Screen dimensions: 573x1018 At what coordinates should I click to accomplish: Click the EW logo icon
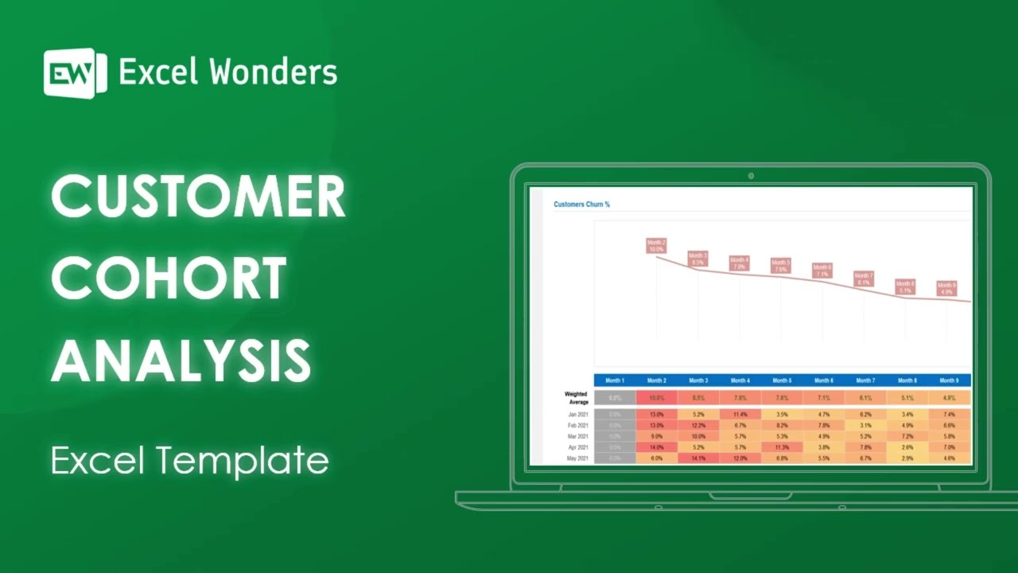click(75, 73)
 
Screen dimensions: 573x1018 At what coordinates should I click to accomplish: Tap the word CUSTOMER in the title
click(198, 197)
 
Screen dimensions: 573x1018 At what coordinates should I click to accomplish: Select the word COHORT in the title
click(169, 279)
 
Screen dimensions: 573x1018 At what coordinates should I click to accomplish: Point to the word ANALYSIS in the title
click(181, 360)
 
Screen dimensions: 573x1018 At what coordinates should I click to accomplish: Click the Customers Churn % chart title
click(581, 205)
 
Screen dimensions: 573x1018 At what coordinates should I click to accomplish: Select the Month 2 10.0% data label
click(656, 246)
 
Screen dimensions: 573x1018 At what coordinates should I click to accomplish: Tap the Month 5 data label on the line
click(781, 266)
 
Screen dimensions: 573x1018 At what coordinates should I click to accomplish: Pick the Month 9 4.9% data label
click(946, 288)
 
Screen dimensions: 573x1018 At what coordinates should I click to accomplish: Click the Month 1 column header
click(615, 380)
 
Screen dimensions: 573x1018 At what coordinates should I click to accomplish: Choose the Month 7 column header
click(865, 380)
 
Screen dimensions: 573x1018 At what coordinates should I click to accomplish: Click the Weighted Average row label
click(576, 398)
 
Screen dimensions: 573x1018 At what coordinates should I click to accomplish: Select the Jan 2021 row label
click(577, 414)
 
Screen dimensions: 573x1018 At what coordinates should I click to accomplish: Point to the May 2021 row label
click(577, 458)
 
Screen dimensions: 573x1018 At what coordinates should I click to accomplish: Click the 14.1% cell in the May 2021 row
click(698, 458)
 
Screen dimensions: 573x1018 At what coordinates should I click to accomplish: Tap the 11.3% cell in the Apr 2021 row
click(782, 447)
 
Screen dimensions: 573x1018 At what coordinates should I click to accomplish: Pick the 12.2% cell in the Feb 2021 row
click(698, 425)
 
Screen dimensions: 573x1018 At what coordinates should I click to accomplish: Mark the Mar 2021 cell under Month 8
click(907, 436)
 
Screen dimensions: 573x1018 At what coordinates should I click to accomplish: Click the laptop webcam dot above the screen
click(751, 176)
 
